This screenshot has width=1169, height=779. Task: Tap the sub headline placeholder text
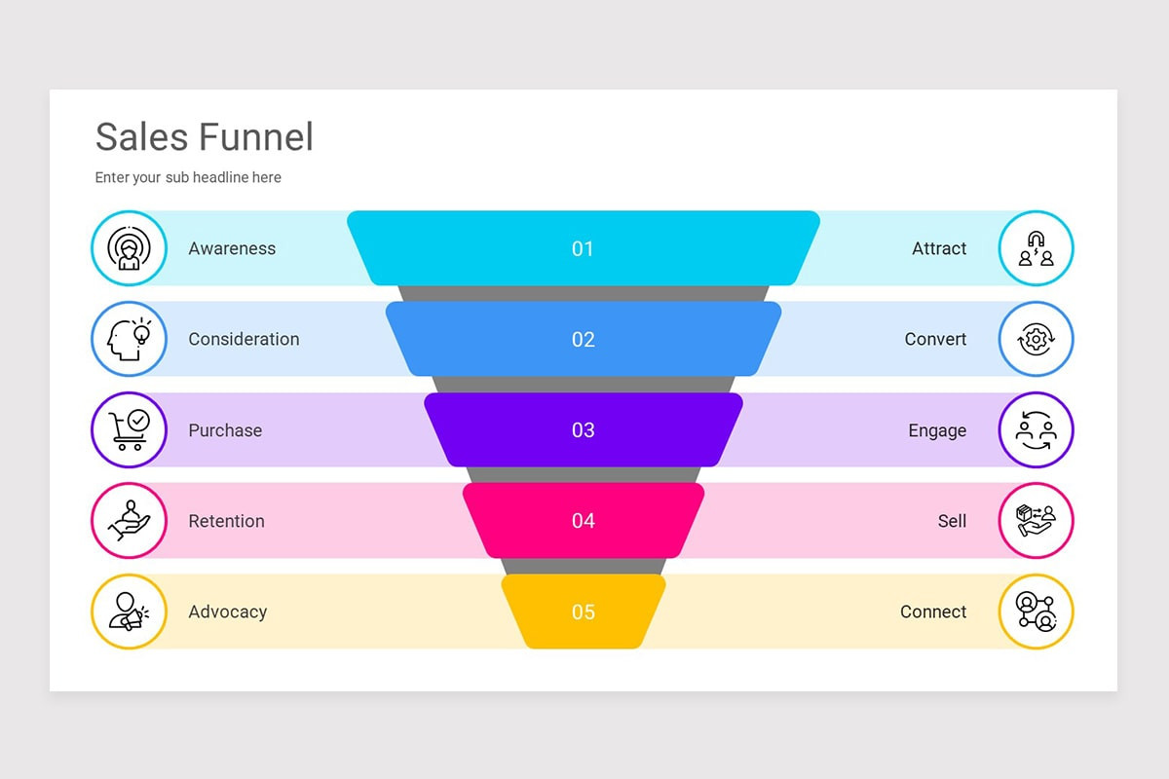click(x=188, y=177)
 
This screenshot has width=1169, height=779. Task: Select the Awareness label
click(x=232, y=248)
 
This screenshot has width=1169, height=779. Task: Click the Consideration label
click(x=244, y=339)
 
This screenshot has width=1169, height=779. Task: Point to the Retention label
click(x=226, y=521)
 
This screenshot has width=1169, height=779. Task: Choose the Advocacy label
click(x=227, y=612)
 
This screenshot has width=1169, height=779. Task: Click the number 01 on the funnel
click(x=583, y=249)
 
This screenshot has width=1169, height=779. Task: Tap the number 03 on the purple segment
click(x=583, y=430)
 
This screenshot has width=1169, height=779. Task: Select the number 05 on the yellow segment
click(x=583, y=612)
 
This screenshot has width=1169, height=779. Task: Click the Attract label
click(x=939, y=248)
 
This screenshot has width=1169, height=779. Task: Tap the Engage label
click(x=937, y=430)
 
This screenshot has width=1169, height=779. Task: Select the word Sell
click(x=952, y=521)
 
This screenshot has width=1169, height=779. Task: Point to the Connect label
click(x=933, y=612)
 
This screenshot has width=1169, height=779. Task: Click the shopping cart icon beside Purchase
click(x=129, y=429)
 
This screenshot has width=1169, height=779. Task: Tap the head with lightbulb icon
click(x=129, y=339)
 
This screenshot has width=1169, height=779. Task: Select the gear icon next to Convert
click(x=1036, y=339)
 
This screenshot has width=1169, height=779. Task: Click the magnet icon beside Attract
click(x=1036, y=248)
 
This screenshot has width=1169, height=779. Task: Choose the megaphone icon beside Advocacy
click(x=129, y=612)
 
